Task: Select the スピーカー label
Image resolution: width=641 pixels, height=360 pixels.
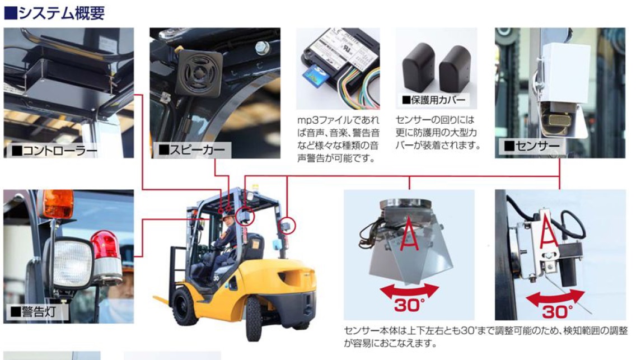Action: click(192, 149)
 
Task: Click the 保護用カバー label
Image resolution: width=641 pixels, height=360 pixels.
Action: click(434, 100)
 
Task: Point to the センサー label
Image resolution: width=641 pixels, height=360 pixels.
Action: click(531, 147)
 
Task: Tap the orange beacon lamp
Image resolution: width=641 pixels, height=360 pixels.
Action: click(58, 204)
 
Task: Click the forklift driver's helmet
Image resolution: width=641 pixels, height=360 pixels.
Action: click(227, 216)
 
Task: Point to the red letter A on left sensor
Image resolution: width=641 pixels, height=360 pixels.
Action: click(410, 232)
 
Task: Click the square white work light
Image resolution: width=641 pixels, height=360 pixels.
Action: click(71, 263)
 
